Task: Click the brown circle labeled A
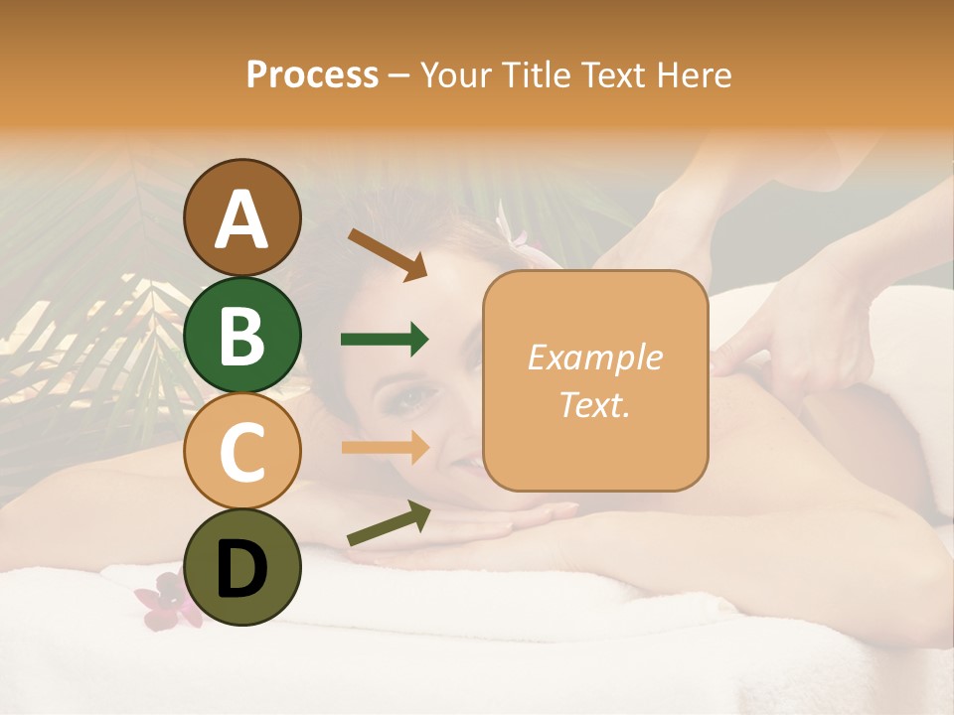tap(241, 217)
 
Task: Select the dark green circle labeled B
tap(241, 335)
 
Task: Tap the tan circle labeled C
tap(241, 451)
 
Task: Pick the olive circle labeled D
tap(241, 567)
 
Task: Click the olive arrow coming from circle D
tap(389, 523)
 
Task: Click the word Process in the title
tap(312, 75)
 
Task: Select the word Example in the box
tap(594, 357)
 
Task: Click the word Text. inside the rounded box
tap(594, 404)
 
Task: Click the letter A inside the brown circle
tap(241, 219)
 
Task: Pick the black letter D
tap(241, 569)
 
